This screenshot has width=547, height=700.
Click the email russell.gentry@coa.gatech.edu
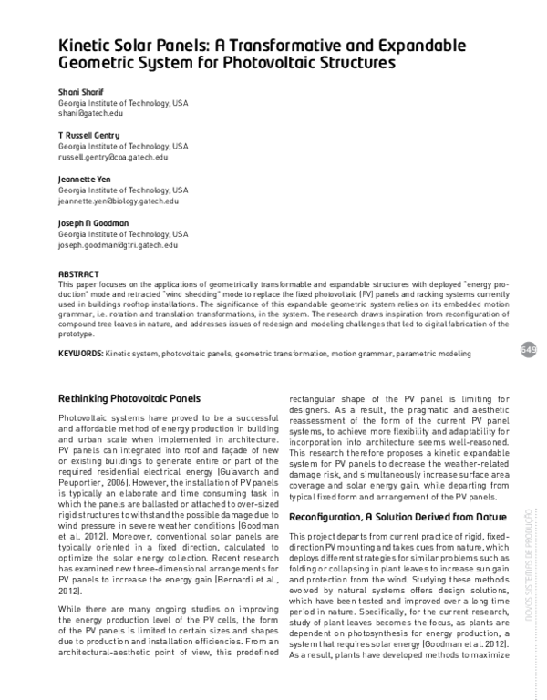pos(113,157)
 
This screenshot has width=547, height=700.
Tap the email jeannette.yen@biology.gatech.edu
pos(119,201)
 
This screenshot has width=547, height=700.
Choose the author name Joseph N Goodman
pos(95,223)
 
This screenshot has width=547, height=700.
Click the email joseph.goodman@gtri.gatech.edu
pos(118,245)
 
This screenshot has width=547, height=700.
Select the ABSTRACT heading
pos(78,273)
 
